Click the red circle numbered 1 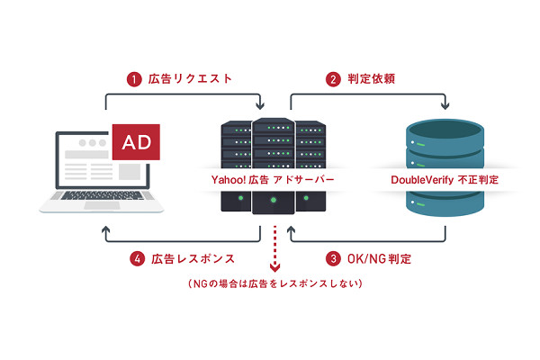134,79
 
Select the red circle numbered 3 334,258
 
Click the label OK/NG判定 381,258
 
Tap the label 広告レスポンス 193,258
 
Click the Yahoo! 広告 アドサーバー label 270,179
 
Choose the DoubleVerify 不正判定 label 445,179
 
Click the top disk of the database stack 445,135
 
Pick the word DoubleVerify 420,179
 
